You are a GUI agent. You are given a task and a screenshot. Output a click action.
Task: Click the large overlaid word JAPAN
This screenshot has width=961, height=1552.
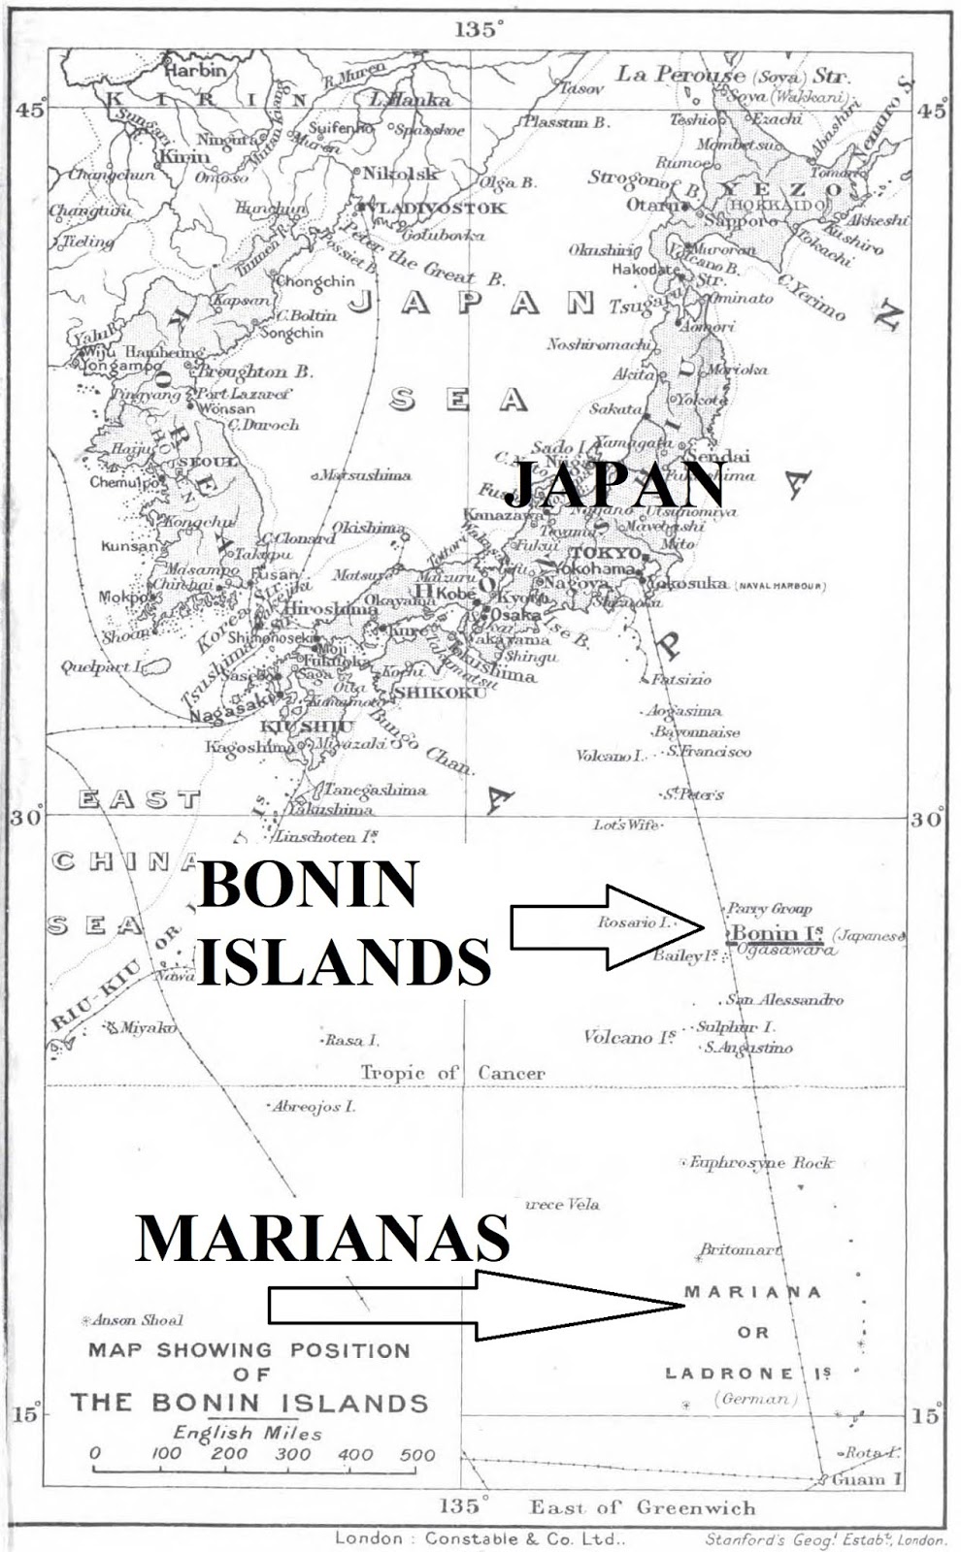(x=615, y=485)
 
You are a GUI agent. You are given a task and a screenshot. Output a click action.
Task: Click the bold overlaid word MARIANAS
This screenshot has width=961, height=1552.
(x=322, y=1239)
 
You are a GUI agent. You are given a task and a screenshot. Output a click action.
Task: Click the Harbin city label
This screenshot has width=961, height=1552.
(x=194, y=71)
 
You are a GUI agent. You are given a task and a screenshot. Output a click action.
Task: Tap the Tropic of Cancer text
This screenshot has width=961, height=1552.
(x=452, y=1073)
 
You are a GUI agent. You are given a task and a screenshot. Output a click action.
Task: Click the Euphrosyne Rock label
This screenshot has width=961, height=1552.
(x=761, y=1162)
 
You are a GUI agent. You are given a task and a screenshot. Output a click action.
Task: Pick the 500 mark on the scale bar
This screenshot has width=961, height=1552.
(x=417, y=1454)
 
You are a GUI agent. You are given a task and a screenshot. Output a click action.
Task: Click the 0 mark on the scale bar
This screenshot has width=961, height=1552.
(x=94, y=1454)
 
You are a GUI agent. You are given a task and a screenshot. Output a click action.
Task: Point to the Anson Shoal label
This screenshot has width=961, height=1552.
(x=137, y=1320)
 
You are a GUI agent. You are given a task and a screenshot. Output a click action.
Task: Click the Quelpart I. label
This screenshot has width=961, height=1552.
(x=101, y=667)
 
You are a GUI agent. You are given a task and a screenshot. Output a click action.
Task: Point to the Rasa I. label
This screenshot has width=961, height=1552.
(x=352, y=1040)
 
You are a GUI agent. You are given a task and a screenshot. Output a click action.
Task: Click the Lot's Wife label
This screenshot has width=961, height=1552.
(x=627, y=824)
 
